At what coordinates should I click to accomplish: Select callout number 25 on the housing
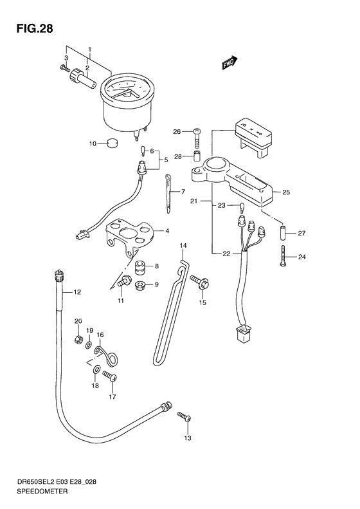coord(287,192)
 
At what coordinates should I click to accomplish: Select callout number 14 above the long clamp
coord(183,245)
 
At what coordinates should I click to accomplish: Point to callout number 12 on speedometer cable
coord(77,293)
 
